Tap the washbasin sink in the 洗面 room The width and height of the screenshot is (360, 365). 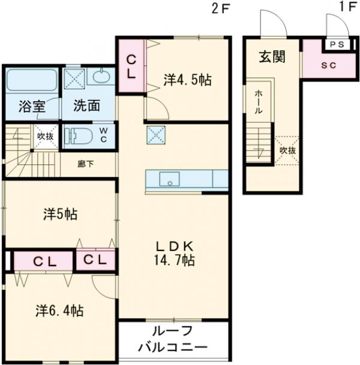(100, 76)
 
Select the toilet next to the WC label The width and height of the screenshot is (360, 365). (77, 135)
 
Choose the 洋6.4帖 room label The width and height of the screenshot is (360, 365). (59, 310)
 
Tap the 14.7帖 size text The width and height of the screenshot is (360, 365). (174, 261)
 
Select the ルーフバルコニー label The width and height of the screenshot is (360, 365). (173, 339)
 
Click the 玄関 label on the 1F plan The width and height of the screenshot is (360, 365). (271, 58)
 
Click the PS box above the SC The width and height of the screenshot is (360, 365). (335, 44)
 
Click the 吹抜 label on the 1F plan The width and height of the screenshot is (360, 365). (287, 150)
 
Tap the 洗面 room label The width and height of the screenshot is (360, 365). (86, 106)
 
